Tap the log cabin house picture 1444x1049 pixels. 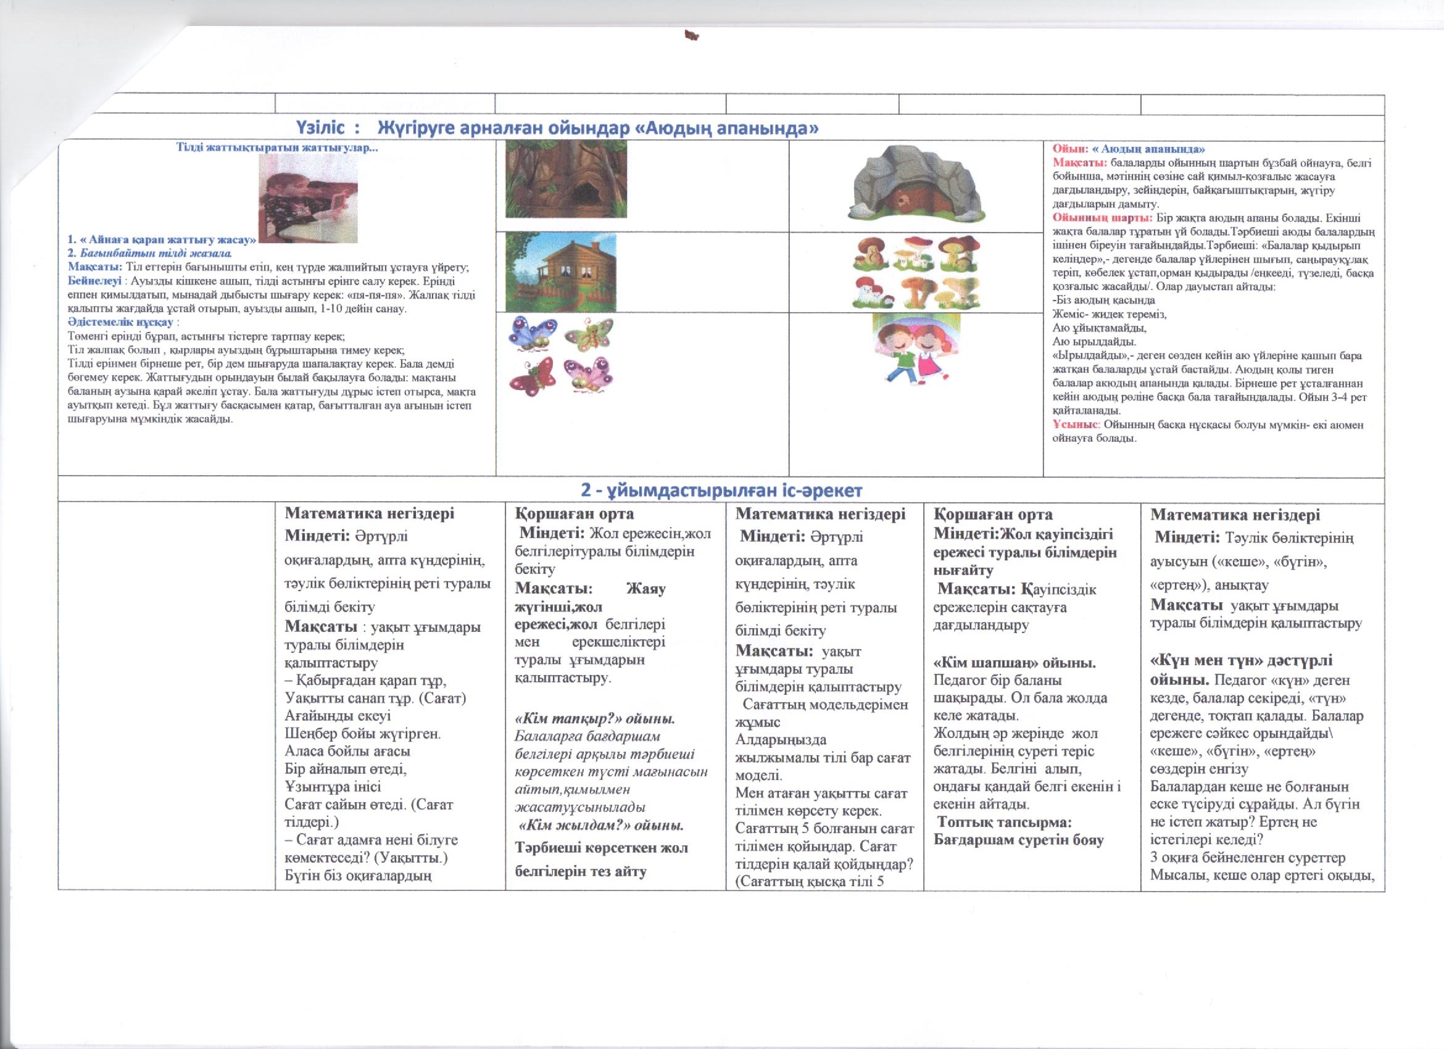click(560, 273)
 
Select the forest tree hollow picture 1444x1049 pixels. click(565, 180)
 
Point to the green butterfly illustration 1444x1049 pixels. click(589, 334)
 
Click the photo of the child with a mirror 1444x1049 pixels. click(307, 199)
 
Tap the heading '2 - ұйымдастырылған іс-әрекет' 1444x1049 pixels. click(721, 490)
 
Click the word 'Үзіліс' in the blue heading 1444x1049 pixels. click(320, 128)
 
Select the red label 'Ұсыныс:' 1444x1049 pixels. click(1076, 425)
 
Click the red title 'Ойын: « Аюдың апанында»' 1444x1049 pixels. click(1128, 149)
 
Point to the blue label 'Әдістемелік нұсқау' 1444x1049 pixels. click(120, 322)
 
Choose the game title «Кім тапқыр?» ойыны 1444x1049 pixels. click(595, 719)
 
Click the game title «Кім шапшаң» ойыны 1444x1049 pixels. click(1015, 663)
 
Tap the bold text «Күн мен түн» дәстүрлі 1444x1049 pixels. click(1241, 660)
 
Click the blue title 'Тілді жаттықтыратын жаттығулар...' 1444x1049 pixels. click(276, 147)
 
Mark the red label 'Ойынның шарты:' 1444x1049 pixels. click(1102, 218)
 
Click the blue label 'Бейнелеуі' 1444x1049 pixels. click(94, 281)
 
